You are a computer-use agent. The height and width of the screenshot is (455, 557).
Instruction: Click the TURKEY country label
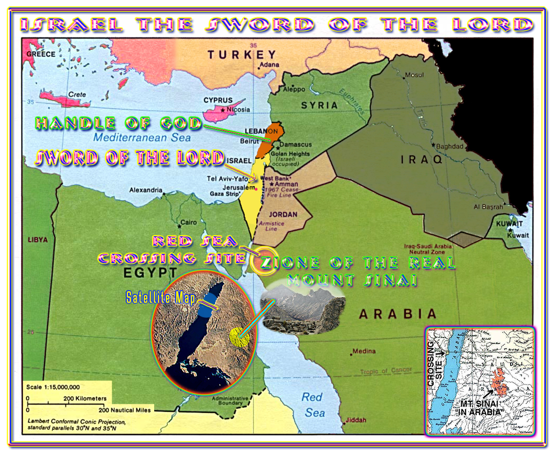point(242,55)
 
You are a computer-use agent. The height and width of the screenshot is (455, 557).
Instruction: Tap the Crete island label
point(77,94)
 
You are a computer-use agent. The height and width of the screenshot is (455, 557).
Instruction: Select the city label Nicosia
point(238,110)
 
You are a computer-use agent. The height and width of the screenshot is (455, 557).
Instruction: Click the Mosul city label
point(414,75)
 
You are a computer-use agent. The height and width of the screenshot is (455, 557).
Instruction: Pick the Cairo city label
point(188,222)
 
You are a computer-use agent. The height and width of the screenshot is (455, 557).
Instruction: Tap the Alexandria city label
point(146,190)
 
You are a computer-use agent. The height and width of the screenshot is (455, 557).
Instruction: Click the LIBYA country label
point(38,240)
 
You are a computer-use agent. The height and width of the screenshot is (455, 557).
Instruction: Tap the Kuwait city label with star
point(518,235)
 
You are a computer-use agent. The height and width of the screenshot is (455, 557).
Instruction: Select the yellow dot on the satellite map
point(239,338)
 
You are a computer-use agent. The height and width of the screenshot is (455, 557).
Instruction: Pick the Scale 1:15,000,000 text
point(53,387)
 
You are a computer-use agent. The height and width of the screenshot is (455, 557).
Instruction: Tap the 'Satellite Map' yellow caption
point(161,298)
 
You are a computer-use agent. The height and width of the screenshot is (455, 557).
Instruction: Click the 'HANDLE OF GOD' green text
point(118,123)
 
